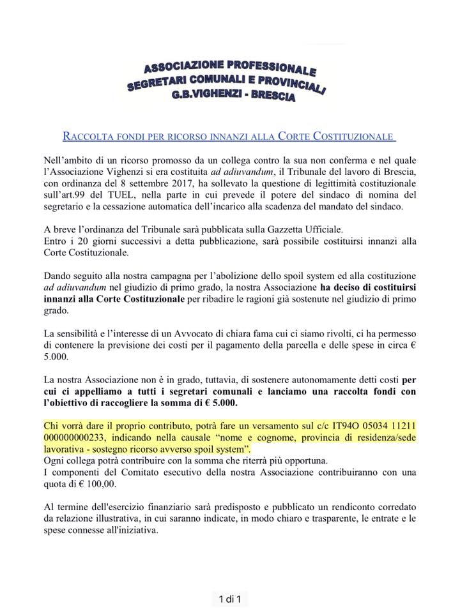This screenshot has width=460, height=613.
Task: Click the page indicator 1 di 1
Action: (230, 598)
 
